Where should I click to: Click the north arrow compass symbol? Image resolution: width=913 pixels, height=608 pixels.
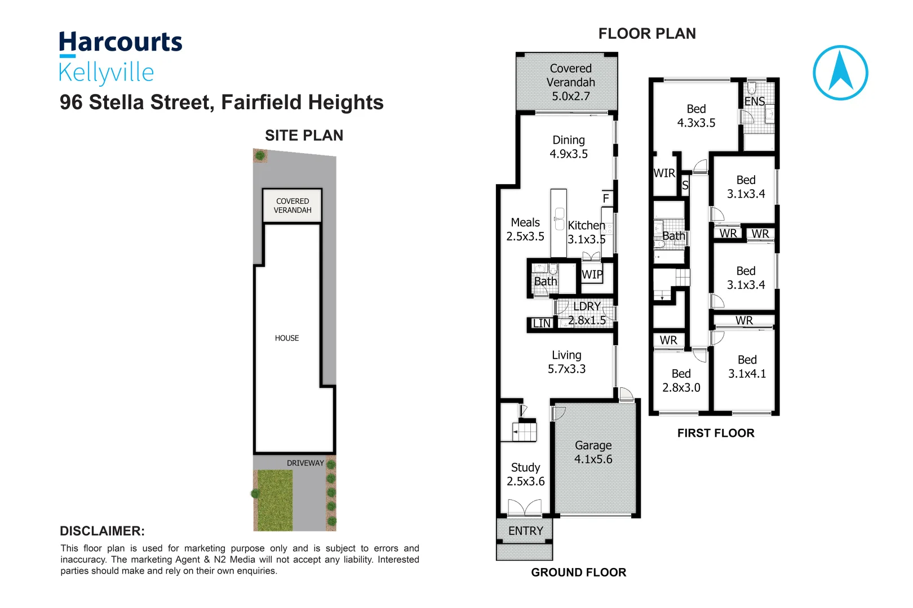pos(840,73)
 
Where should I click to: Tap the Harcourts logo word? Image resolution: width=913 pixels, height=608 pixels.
pos(121,43)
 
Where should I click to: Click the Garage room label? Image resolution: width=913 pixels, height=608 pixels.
pos(593,445)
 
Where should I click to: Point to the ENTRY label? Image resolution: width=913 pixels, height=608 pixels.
pos(525,531)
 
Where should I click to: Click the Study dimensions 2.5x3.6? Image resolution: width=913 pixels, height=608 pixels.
pos(525,481)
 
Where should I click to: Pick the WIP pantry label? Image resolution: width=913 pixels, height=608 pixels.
pos(592,275)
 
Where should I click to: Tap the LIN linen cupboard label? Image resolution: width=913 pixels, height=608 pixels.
pos(541,323)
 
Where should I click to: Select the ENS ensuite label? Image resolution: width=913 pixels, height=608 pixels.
pos(754,101)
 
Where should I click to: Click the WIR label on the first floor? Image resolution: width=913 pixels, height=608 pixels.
pos(664,173)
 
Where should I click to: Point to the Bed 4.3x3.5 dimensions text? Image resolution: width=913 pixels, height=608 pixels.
pos(696,123)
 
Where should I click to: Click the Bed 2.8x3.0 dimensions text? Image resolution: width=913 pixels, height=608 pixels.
pos(681,388)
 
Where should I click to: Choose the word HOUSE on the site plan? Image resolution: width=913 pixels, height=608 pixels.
pos(287,338)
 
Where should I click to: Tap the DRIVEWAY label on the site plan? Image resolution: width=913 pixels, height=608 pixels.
pos(305,463)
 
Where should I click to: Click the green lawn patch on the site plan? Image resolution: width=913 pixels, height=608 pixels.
pos(274,500)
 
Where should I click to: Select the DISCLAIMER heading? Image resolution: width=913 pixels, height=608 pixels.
pos(102,531)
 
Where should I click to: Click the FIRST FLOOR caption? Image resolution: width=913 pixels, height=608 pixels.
pos(716,433)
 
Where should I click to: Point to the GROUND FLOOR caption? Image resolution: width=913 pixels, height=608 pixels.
pos(578,573)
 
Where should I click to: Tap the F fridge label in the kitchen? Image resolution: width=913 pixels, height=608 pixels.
pos(606,198)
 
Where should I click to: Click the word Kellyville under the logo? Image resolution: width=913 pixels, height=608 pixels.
pos(106,73)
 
